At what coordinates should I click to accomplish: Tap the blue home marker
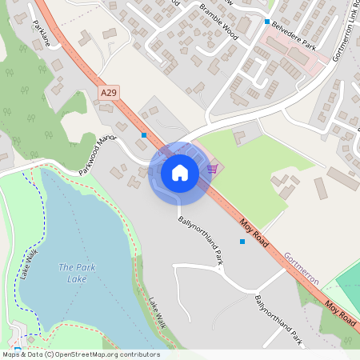click(180, 171)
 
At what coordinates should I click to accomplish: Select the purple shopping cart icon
click(212, 168)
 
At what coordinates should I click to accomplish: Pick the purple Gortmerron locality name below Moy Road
click(301, 269)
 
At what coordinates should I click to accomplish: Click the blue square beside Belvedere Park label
click(267, 22)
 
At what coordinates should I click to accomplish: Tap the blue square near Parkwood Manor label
click(144, 135)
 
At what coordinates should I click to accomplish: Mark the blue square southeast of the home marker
click(242, 241)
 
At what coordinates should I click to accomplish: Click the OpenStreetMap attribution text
click(80, 354)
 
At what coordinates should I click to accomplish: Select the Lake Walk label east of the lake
click(156, 313)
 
